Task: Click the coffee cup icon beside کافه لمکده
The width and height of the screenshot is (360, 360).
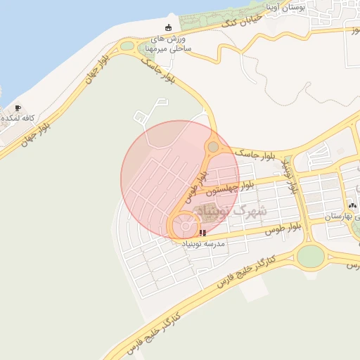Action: pos(18,108)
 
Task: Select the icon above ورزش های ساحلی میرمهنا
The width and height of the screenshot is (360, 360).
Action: pos(168,27)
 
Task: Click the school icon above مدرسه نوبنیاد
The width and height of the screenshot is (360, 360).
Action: pos(202,232)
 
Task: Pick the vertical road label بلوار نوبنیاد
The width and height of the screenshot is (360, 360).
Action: pos(290,176)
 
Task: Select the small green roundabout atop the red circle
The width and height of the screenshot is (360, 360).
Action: pos(212,147)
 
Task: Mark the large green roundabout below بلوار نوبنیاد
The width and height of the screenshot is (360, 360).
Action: pos(310,255)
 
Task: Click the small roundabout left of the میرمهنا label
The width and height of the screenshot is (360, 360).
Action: pos(127,46)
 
